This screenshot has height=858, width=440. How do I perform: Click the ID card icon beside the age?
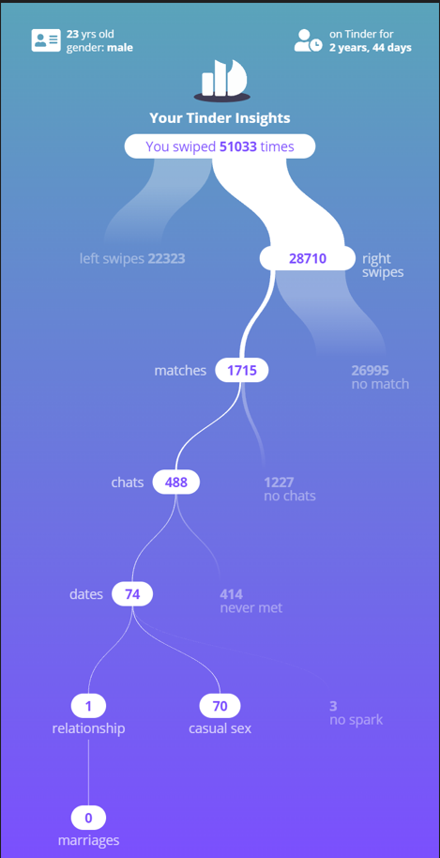pyautogui.click(x=46, y=40)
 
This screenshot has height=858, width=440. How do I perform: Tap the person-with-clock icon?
pyautogui.click(x=309, y=40)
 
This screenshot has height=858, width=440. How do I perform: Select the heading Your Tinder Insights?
pyautogui.click(x=220, y=117)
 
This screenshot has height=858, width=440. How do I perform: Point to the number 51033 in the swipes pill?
pyautogui.click(x=237, y=146)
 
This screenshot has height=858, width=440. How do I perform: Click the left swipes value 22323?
pyautogui.click(x=166, y=258)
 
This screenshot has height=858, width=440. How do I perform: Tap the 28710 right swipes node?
pyautogui.click(x=307, y=258)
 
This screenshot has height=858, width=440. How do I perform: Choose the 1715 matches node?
pyautogui.click(x=242, y=371)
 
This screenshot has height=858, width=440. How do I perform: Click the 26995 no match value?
pyautogui.click(x=370, y=371)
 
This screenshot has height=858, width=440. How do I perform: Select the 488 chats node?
pyautogui.click(x=176, y=483)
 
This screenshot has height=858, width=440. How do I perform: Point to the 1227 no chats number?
pyautogui.click(x=279, y=483)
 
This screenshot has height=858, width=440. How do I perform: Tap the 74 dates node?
pyautogui.click(x=132, y=594)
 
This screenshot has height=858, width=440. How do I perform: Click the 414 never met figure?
pyautogui.click(x=231, y=594)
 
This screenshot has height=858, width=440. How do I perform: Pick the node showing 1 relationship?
pyautogui.click(x=88, y=706)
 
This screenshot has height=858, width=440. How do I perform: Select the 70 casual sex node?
pyautogui.click(x=220, y=706)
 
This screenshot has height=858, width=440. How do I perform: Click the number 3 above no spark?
pyautogui.click(x=333, y=706)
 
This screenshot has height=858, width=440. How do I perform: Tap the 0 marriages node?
pyautogui.click(x=88, y=818)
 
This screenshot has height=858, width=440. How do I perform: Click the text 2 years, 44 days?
pyautogui.click(x=370, y=48)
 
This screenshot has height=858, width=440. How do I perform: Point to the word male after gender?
pyautogui.click(x=120, y=48)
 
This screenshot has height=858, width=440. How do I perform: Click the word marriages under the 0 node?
pyautogui.click(x=88, y=840)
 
